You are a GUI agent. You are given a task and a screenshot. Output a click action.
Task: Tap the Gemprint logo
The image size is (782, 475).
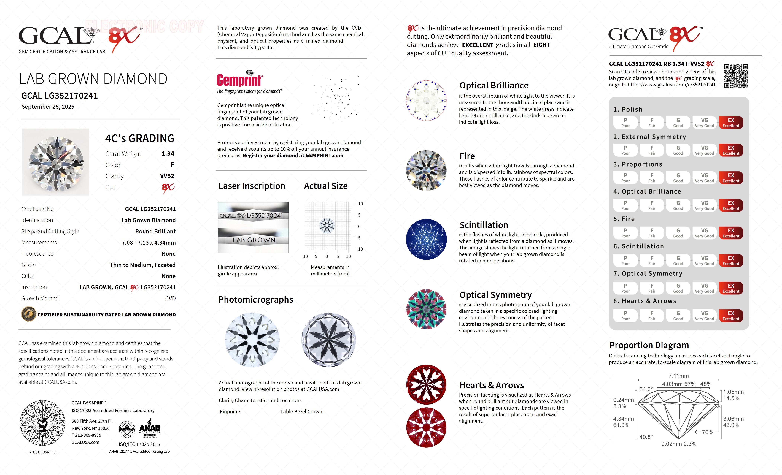240,79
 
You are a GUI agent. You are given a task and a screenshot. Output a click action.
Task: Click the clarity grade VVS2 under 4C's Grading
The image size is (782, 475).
167,176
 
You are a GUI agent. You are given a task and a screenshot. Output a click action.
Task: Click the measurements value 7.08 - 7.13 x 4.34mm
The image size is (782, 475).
149,243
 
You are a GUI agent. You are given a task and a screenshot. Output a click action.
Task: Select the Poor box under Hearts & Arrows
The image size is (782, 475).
625,316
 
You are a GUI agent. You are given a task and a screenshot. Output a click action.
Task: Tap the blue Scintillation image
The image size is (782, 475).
426,239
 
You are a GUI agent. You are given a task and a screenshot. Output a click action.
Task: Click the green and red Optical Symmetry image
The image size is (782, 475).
426,309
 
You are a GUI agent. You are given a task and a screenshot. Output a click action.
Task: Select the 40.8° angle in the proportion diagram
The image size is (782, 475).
646,437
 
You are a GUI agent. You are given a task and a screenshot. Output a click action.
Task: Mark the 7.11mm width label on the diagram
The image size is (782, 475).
678,376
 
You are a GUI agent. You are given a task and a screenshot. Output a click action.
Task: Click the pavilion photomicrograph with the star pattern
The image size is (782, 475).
328,340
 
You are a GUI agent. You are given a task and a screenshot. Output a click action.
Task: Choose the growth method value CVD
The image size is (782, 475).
170,298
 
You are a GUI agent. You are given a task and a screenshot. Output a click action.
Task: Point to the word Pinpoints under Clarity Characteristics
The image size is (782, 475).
231,411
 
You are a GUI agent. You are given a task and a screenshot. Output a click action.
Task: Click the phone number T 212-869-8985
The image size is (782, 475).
86,435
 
